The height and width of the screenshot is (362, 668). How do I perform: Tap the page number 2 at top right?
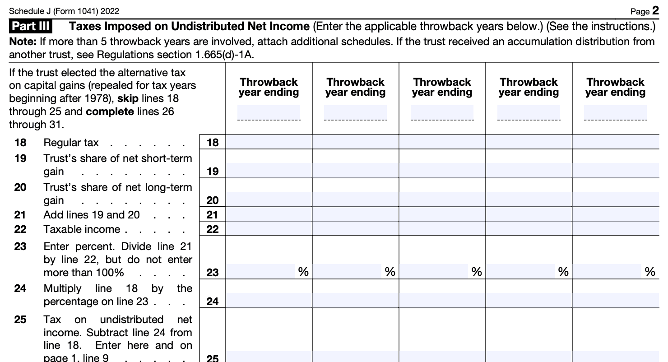click(655, 11)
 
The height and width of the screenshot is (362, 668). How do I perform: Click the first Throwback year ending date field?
click(269, 112)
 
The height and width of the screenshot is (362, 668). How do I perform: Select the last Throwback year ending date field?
click(615, 112)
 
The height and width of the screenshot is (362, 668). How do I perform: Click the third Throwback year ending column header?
click(442, 87)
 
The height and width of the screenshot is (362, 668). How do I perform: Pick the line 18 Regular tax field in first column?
click(269, 143)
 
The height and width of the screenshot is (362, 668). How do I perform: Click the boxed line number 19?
click(212, 171)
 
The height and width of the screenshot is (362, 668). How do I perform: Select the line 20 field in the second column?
click(355, 200)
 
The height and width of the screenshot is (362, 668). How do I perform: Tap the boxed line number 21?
click(212, 215)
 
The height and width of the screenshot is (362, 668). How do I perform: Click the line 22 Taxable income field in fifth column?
click(615, 229)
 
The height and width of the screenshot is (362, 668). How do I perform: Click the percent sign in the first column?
click(303, 272)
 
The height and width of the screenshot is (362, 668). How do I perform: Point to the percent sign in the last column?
click(650, 272)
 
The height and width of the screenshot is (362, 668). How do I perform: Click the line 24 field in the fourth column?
click(529, 301)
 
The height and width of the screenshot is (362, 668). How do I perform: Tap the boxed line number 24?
click(212, 301)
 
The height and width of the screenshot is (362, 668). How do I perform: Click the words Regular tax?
click(71, 143)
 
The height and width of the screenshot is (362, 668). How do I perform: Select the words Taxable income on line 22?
click(82, 229)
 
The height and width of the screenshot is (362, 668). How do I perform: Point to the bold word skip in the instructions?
click(127, 98)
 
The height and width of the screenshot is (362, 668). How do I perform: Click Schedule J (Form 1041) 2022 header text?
click(64, 11)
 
